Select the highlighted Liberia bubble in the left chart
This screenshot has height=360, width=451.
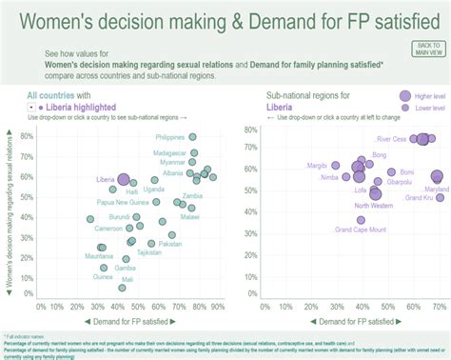pyautogui.click(x=124, y=179)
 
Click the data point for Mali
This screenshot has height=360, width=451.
pyautogui.click(x=122, y=288)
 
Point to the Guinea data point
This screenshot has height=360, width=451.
pyautogui.click(x=104, y=268)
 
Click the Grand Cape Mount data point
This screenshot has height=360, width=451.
pyautogui.click(x=361, y=220)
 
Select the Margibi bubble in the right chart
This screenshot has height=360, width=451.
pyautogui.click(x=336, y=166)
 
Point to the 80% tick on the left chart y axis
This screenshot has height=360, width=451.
pyautogui.click(x=27, y=135)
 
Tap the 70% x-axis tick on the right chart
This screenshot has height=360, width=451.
pyautogui.click(x=438, y=306)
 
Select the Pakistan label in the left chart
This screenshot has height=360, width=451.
pyautogui.click(x=170, y=244)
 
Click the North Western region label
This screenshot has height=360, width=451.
pyautogui.click(x=374, y=205)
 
